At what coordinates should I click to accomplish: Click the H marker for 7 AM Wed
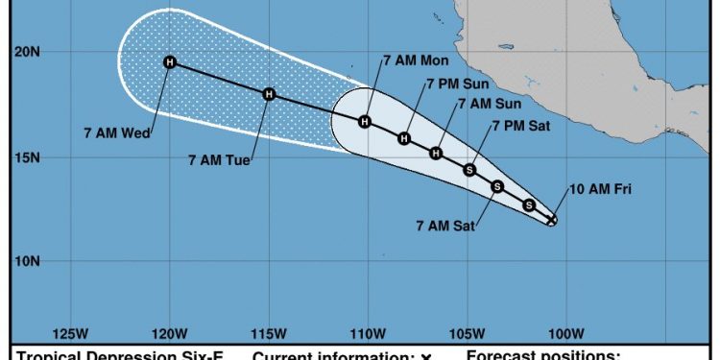click(x=170, y=62)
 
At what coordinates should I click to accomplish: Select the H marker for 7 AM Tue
click(x=269, y=94)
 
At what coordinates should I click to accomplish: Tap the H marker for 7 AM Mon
click(x=365, y=121)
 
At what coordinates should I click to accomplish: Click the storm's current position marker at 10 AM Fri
click(x=552, y=220)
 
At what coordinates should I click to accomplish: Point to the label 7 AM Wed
click(x=124, y=133)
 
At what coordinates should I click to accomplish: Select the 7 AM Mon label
click(x=410, y=60)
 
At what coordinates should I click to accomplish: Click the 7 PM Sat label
click(x=520, y=125)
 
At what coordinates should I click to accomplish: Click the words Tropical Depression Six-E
click(x=119, y=355)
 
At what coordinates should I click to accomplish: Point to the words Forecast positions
click(x=543, y=355)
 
